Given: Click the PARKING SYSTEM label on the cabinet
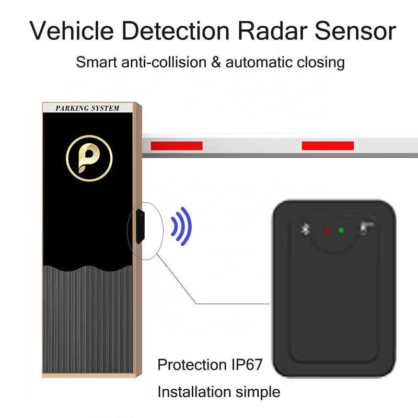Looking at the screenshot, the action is coord(87,109).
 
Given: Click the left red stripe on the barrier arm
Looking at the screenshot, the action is coord(176,146).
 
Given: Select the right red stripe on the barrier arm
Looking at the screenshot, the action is coord(328,146).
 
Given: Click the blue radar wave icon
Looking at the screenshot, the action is coord(181,226).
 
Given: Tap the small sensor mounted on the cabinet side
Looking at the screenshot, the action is coord(138,227).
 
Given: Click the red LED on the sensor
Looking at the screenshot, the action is coord(327,230).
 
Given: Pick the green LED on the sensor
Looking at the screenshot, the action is coord(341,230).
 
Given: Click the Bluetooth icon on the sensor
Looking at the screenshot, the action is coord(306,229).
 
